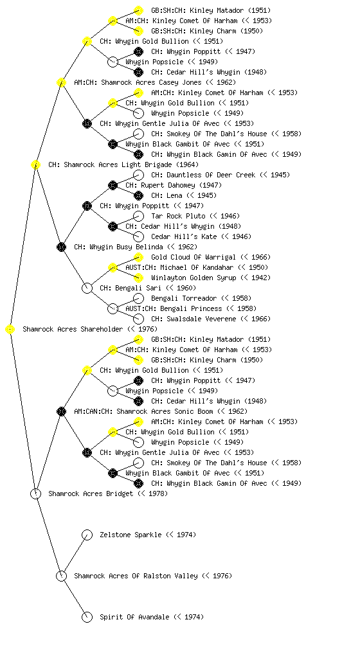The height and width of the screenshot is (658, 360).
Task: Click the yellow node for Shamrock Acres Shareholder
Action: point(10,330)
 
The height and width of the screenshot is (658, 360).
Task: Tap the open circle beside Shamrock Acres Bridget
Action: point(35,494)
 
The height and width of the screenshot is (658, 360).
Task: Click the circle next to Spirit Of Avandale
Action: point(87,618)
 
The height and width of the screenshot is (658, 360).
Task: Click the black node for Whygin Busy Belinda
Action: point(61,247)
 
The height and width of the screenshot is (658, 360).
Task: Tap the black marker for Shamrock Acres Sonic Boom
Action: point(61,412)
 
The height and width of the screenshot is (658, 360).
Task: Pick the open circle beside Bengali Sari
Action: point(87,289)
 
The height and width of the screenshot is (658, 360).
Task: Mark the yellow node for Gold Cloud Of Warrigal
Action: point(138,257)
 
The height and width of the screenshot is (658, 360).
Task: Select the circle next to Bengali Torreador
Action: point(138,298)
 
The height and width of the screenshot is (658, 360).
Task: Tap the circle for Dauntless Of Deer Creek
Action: point(138,175)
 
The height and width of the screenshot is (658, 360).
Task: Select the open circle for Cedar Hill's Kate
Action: point(138,236)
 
